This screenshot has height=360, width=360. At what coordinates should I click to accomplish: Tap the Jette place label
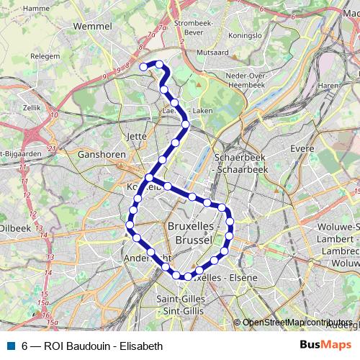point(136,135)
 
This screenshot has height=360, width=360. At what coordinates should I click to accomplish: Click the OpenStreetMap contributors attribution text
point(297,323)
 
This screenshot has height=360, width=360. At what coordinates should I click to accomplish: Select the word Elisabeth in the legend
point(140,345)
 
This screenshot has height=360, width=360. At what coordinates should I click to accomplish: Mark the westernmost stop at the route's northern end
point(143,67)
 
